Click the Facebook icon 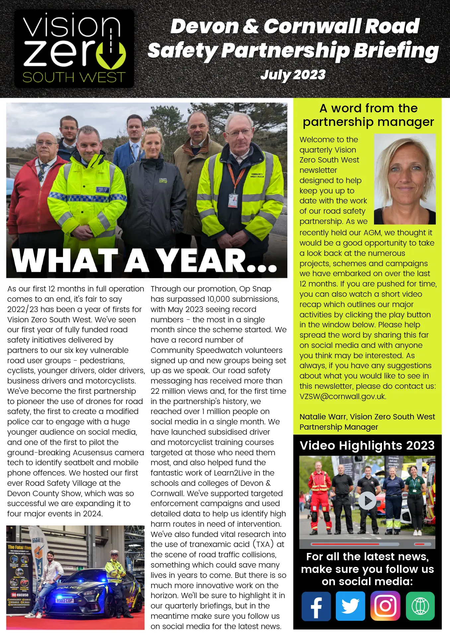(x=316, y=606)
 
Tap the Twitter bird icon (x=350, y=606)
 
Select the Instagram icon (x=385, y=606)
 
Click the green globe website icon (x=420, y=606)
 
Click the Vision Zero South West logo (x=74, y=49)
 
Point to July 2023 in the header (x=293, y=75)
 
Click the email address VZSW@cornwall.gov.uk (x=342, y=396)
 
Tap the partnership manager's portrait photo (x=405, y=179)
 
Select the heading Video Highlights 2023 (x=367, y=445)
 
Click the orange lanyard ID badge (x=233, y=200)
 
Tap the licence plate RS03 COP (x=64, y=600)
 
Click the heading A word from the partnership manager (x=368, y=115)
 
